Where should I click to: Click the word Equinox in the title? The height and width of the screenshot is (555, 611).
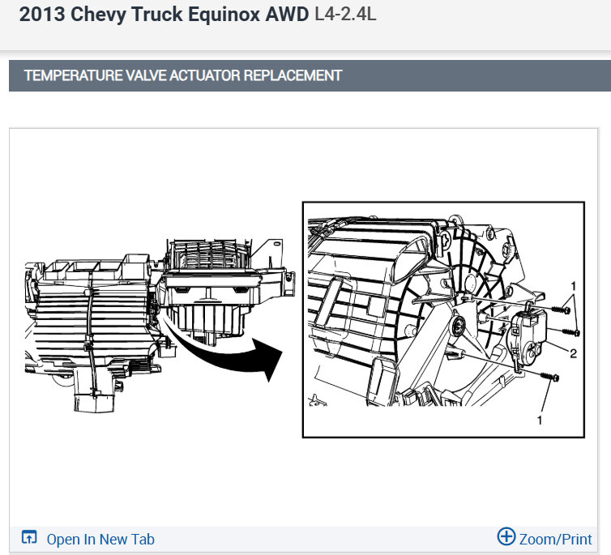224,15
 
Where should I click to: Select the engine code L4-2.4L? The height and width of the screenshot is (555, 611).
345,15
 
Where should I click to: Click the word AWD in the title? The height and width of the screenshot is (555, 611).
287,15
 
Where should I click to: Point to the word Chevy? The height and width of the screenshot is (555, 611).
98,15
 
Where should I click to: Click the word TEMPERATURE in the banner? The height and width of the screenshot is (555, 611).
73,75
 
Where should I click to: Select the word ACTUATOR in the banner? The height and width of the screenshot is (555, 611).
205,75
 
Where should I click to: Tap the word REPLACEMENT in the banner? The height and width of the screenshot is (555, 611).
293,75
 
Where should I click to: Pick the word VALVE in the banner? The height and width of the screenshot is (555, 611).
146,75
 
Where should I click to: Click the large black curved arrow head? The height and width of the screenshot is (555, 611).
268,358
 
